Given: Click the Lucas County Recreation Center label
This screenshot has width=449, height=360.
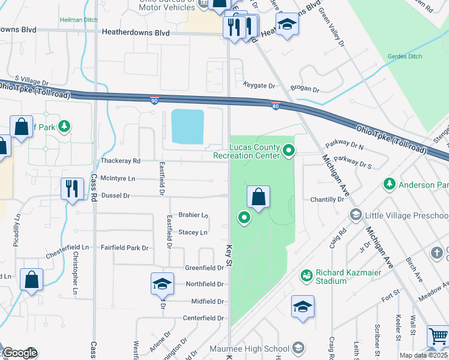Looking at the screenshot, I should click(x=247, y=151).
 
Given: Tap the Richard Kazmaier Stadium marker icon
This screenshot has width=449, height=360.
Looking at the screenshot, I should click(x=306, y=275).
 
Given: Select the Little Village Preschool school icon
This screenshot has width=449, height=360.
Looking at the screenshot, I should click(x=355, y=215).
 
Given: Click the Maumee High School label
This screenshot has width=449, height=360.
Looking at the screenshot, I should click(x=258, y=349).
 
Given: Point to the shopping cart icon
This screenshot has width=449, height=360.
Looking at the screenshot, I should click(x=438, y=337).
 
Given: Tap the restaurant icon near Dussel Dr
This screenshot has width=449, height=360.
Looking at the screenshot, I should click(x=71, y=188).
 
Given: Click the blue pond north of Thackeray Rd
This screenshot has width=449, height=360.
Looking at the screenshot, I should click(x=187, y=127).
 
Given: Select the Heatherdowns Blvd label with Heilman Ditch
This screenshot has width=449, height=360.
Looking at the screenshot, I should click(x=136, y=33).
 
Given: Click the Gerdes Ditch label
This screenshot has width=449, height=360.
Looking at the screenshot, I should click(x=405, y=56).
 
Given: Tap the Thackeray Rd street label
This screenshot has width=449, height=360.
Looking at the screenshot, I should click(x=120, y=161).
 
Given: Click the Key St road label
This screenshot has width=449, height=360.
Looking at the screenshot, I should click(x=229, y=252).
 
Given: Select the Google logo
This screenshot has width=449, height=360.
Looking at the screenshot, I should click(x=19, y=353).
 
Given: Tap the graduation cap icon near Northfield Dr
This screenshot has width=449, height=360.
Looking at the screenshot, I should click(x=161, y=284).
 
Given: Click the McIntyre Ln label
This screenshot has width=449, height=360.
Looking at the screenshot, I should click(x=118, y=178).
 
